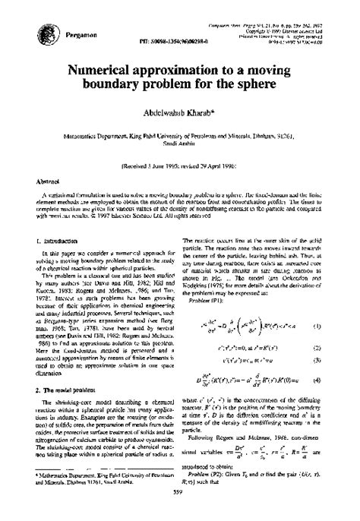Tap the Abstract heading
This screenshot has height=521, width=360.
point(40,182)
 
